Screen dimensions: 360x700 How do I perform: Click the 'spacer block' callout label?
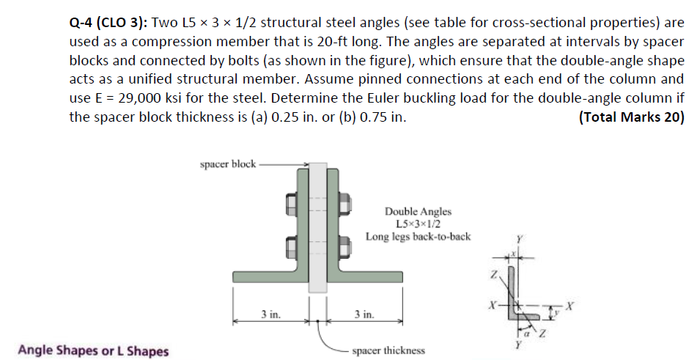tap(227, 164)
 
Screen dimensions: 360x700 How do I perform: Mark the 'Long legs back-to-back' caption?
tap(418, 236)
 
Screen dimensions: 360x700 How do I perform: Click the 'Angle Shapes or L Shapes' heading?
tap(93, 350)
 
